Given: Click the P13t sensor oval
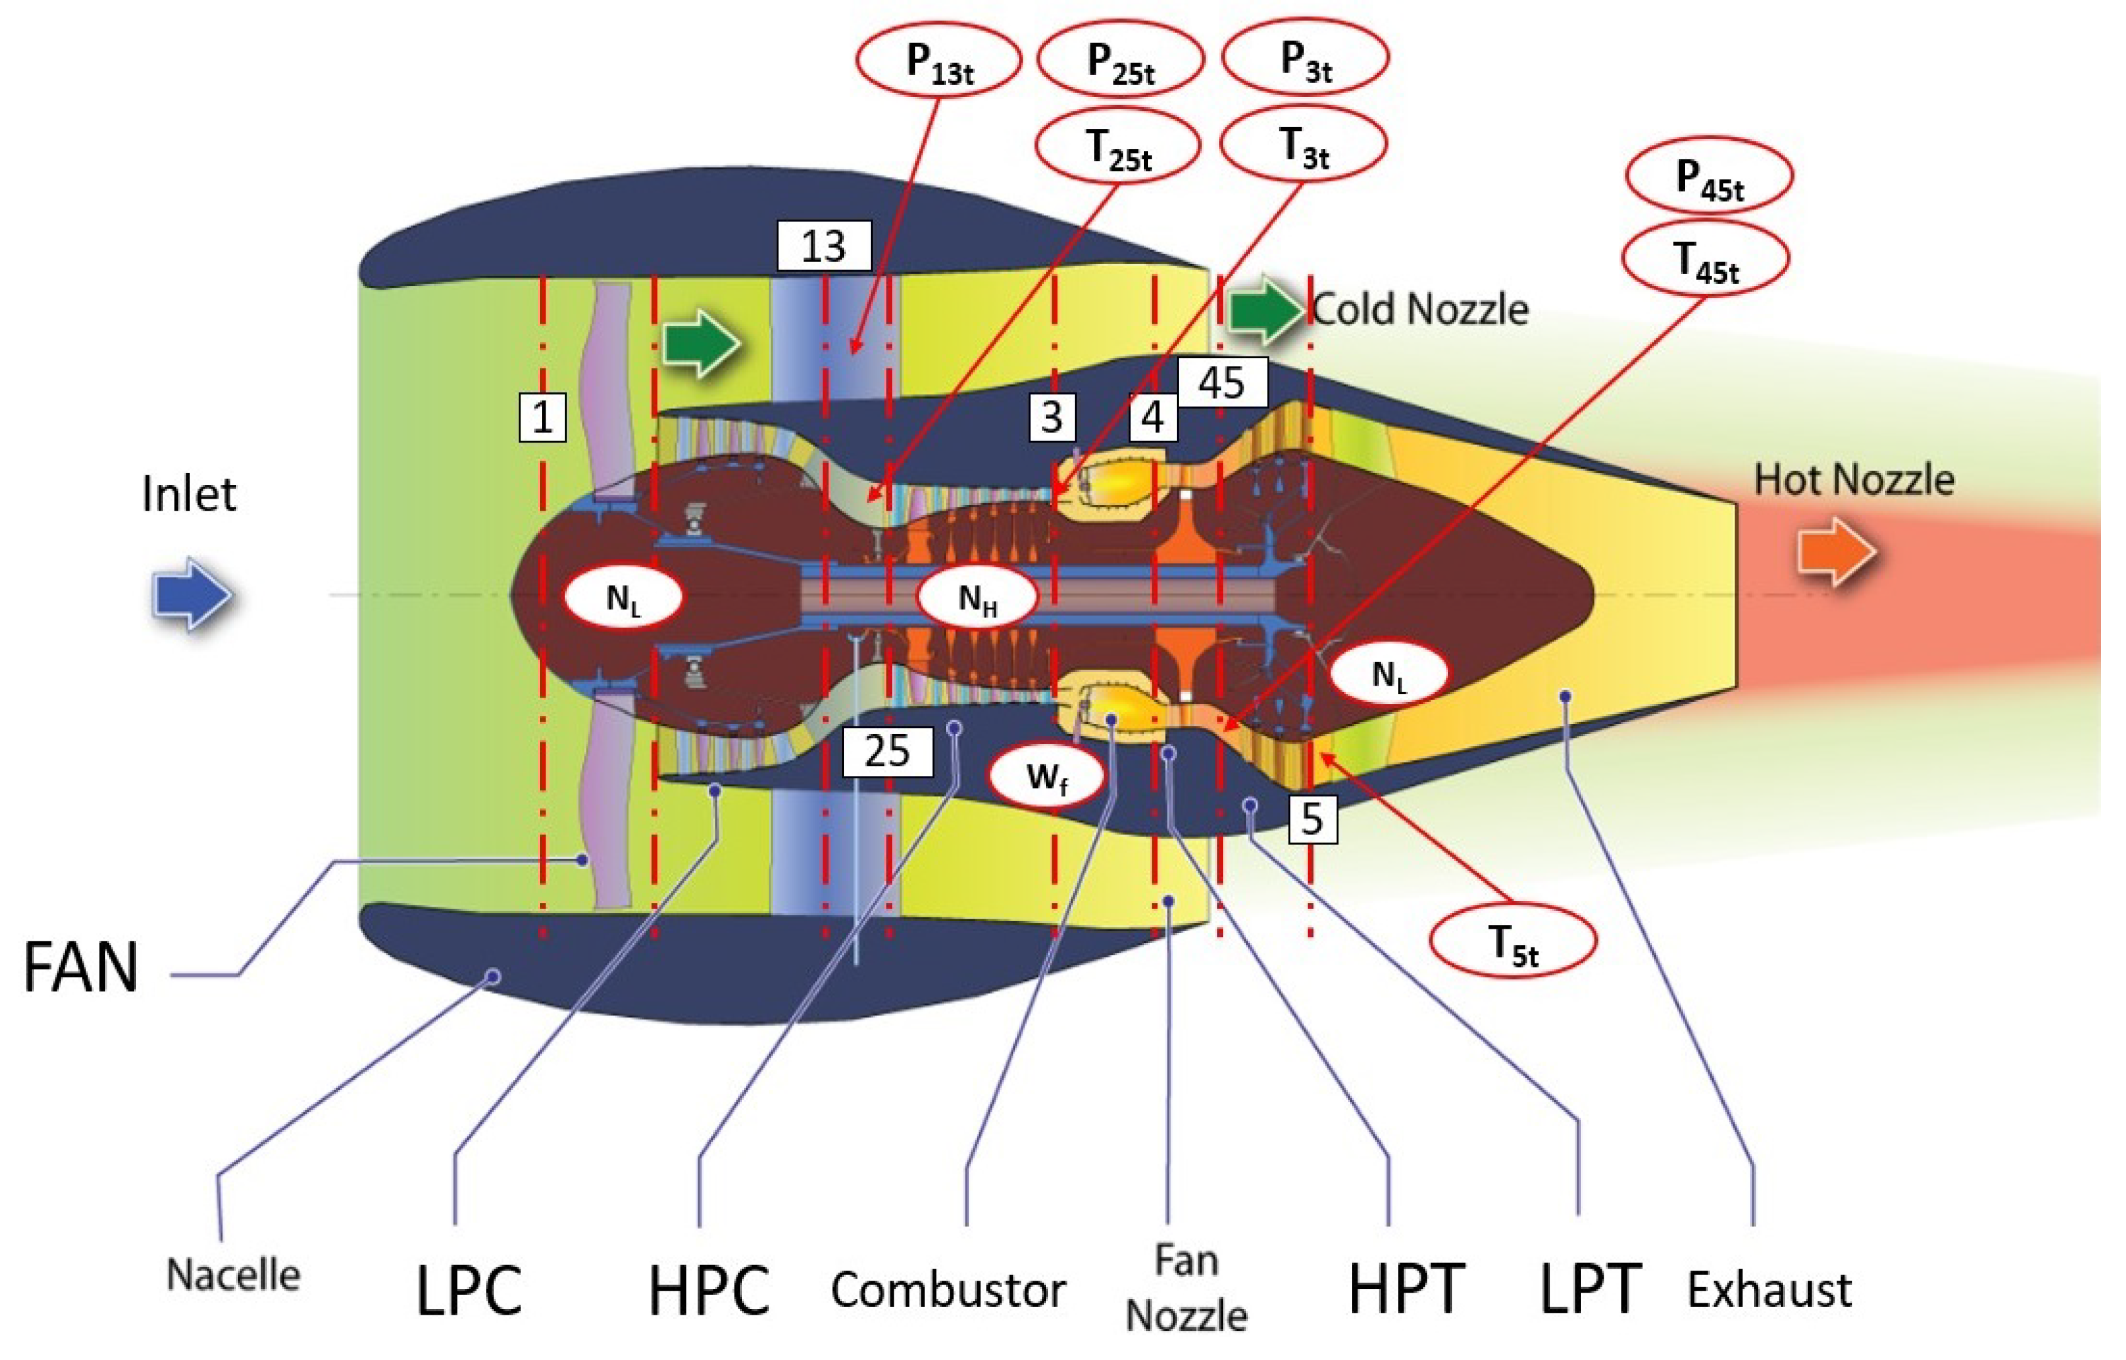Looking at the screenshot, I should coord(938,60).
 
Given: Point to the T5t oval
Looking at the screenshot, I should coord(1512,941).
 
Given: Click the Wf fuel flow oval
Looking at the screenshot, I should coord(1046,776).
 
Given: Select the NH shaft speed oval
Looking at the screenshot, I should coord(977,599).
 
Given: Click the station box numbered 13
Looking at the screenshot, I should coord(824,246).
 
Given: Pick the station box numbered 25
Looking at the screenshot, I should coord(887,752).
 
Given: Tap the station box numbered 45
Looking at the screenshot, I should coord(1222,382).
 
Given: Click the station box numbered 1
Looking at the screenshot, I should coord(541,417).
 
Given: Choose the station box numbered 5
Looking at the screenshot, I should coord(1312,819).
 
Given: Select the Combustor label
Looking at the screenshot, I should coord(948,1290).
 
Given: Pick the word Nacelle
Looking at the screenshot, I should coord(233,1275).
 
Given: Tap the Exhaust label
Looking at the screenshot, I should coord(1769,1290).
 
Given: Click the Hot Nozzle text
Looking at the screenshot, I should coord(1853,480).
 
